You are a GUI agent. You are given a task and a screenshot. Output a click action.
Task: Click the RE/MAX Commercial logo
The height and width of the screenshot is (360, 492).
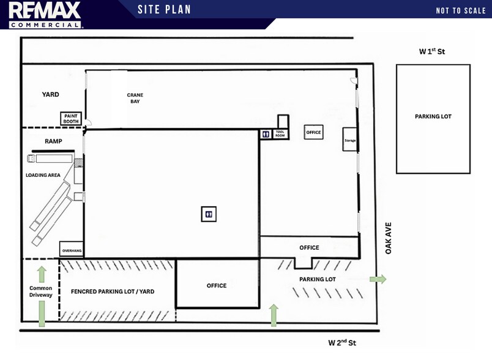click(45, 15)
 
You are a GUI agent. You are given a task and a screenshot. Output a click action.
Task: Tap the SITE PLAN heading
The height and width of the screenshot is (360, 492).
click(164, 9)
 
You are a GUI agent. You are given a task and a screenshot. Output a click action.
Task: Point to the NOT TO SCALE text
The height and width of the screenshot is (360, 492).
click(461, 10)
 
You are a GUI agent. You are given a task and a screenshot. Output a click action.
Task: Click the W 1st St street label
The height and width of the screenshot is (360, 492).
click(432, 51)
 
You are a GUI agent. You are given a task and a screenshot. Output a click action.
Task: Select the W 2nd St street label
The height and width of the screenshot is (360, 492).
click(342, 342)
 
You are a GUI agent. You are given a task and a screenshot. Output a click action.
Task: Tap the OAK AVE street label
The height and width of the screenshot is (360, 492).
click(389, 238)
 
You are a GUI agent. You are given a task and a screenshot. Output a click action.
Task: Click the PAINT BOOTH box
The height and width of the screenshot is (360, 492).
click(71, 119)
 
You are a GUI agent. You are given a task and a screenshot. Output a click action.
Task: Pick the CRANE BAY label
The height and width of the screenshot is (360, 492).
click(135, 98)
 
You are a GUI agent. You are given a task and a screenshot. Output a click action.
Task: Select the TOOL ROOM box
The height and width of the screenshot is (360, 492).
click(280, 133)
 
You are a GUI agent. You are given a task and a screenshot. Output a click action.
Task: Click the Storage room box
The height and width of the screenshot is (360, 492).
click(350, 140)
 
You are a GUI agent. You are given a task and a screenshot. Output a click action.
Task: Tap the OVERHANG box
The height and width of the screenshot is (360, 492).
click(72, 249)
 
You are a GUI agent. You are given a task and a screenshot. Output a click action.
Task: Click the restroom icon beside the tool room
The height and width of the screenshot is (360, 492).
click(266, 134)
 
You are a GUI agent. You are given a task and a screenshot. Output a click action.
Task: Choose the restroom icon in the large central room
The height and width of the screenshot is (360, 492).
click(209, 214)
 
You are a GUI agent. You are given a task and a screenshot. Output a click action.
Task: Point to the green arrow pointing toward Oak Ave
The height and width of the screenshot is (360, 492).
click(378, 279)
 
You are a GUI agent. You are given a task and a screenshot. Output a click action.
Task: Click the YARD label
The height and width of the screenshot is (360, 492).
click(51, 94)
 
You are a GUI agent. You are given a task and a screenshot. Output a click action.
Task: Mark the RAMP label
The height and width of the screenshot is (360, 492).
click(53, 141)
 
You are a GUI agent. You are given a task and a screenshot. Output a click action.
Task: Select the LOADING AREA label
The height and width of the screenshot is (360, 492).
click(43, 175)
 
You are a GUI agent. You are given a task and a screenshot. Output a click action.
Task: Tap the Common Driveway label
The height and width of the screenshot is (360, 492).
click(41, 291)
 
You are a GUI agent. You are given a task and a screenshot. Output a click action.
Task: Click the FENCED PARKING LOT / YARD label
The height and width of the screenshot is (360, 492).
click(113, 291)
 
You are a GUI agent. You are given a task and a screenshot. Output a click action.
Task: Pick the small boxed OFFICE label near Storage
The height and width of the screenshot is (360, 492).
click(313, 132)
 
